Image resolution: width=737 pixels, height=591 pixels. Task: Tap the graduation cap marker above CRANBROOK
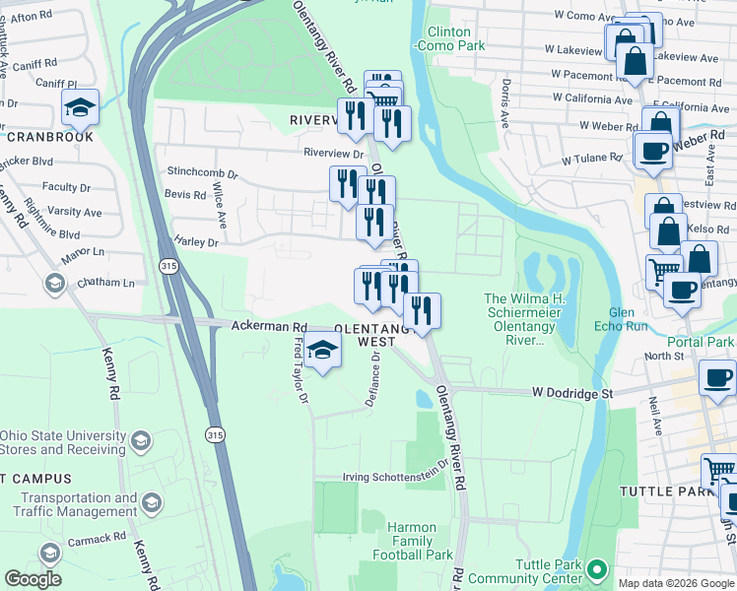[x=80, y=108]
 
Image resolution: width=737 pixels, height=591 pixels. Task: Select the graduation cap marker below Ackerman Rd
[x=322, y=350]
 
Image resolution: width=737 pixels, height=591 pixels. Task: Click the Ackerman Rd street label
[x=269, y=326]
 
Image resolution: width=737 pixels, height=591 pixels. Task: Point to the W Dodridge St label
[x=572, y=392]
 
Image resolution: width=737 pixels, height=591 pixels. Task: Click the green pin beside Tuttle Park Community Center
[x=596, y=569]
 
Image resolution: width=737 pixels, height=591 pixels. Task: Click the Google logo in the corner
[x=33, y=579]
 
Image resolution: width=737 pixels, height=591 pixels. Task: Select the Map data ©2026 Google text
[x=676, y=583]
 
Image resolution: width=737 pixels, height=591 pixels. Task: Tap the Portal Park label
[x=706, y=342]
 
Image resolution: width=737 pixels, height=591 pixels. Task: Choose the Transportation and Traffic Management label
[x=75, y=504]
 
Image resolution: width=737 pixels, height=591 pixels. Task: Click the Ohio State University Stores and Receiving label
[x=63, y=443]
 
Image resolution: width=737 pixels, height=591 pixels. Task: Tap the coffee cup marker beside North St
[x=716, y=378]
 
